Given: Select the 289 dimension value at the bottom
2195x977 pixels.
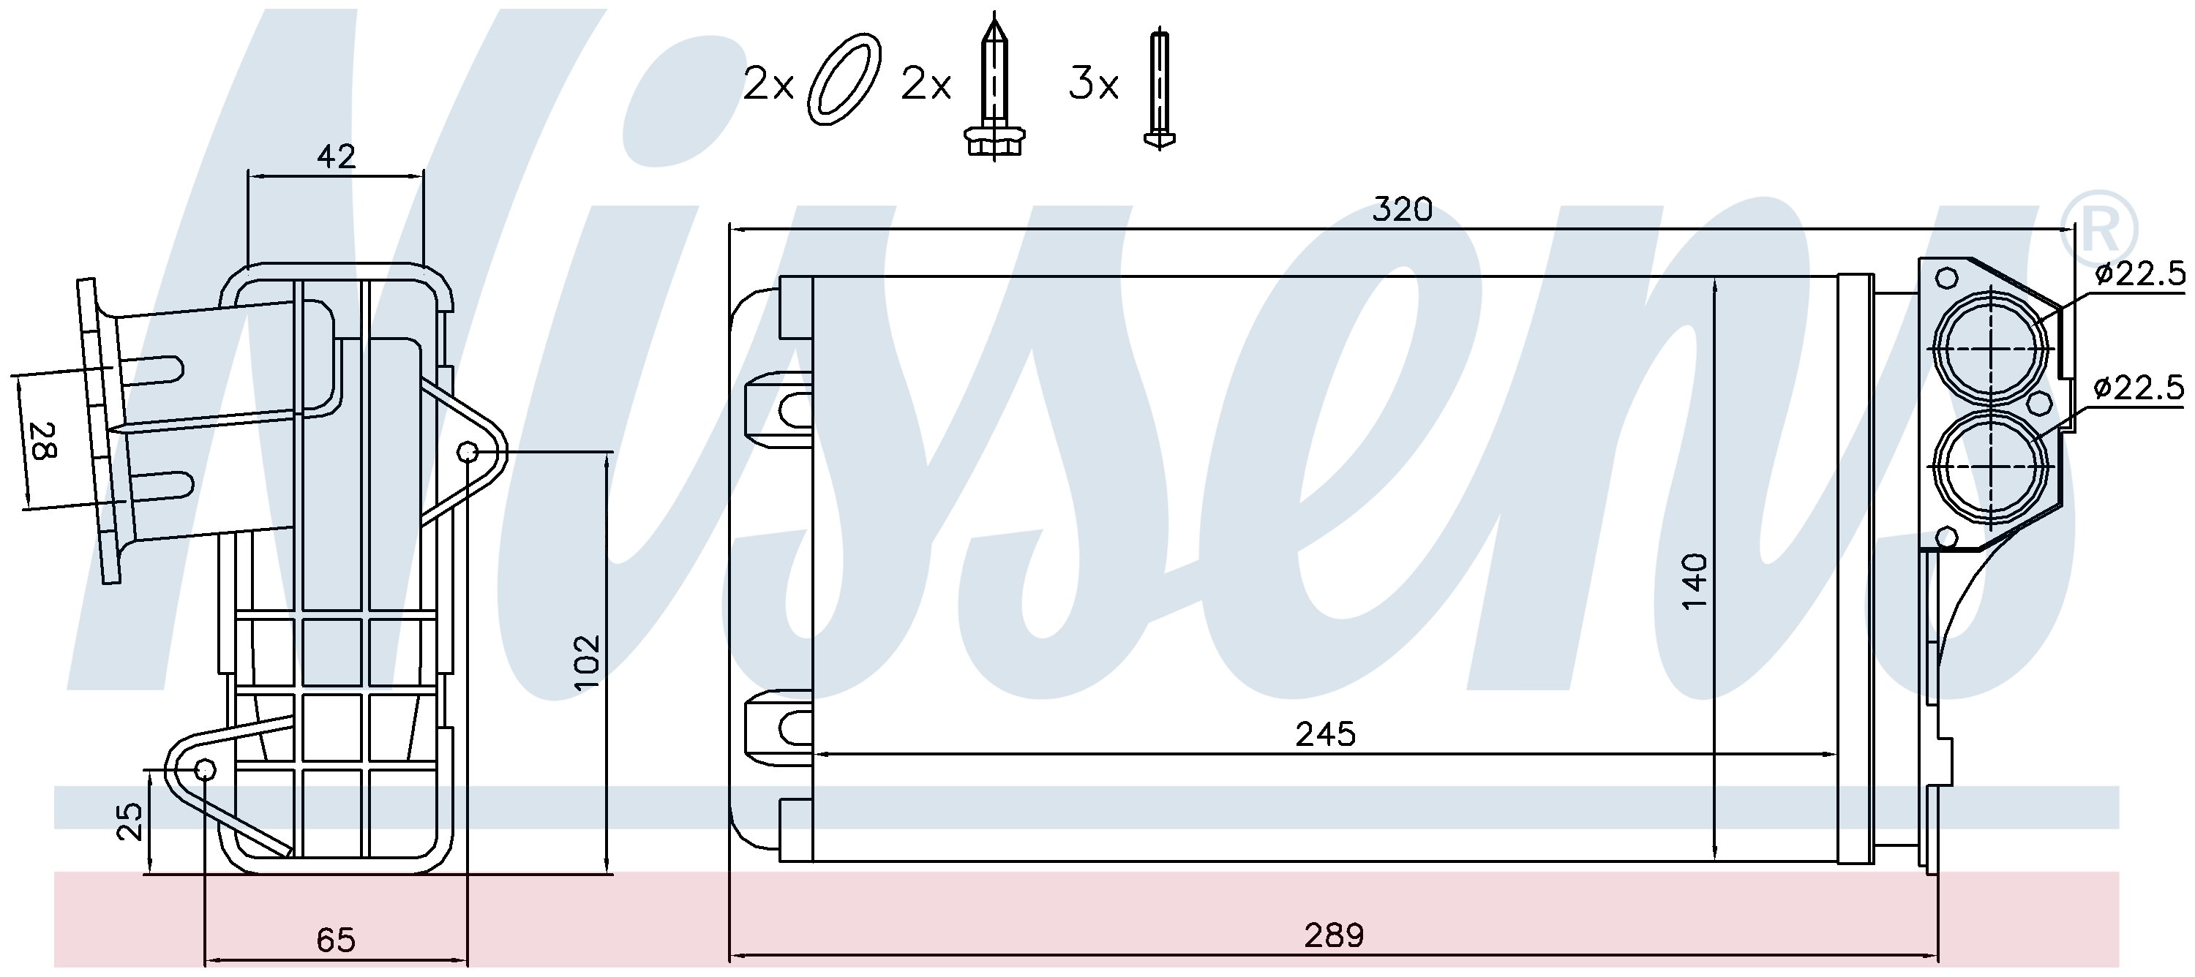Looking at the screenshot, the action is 1334,935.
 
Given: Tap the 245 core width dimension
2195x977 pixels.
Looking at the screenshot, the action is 1325,733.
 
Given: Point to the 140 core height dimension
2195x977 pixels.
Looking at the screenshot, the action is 1695,580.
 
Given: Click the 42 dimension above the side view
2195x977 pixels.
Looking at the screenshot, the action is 336,156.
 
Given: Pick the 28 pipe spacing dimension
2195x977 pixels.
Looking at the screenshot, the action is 42,440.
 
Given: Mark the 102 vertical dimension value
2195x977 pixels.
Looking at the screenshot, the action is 586,662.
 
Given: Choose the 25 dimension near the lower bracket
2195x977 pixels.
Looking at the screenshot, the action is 130,821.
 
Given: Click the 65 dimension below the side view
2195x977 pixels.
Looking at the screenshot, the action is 335,940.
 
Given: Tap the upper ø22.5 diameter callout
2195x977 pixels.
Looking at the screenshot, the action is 2139,274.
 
